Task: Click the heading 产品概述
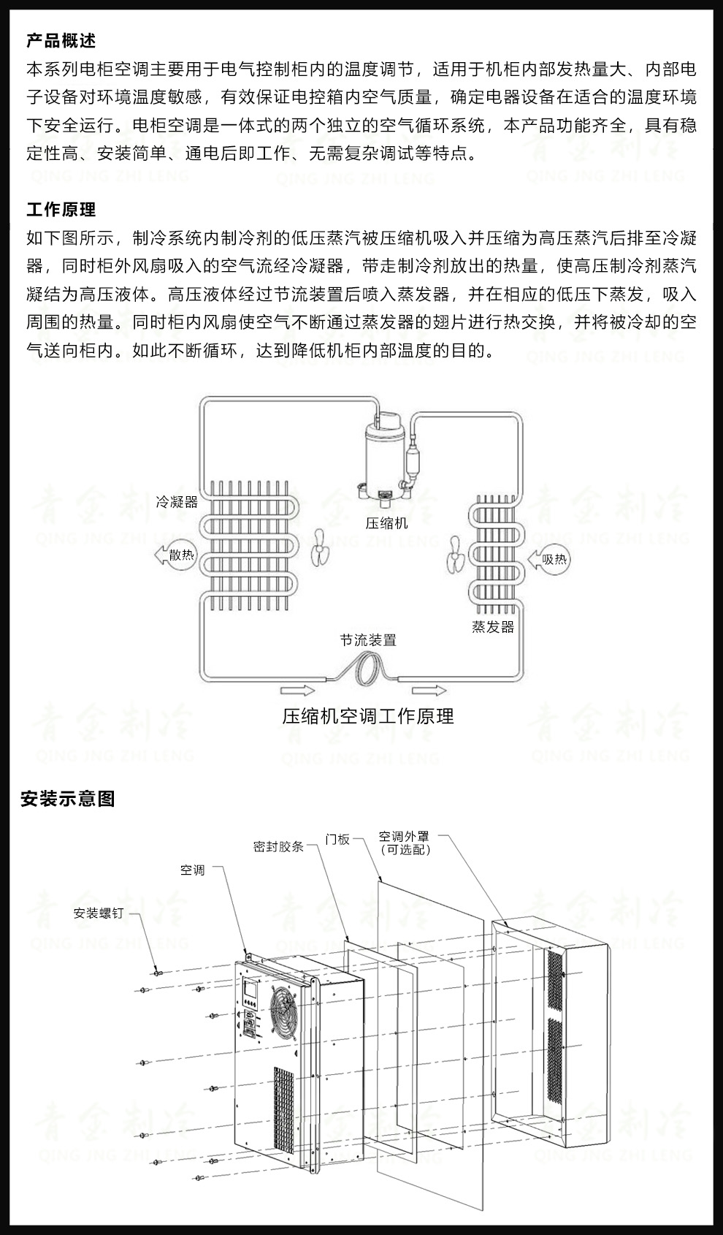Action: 61,41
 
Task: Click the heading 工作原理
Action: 61,210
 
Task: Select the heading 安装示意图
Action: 68,799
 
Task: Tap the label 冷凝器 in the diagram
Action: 177,502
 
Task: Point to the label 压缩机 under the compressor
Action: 386,523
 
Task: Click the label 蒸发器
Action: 493,627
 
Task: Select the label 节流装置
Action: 368,640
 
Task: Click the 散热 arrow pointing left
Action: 175,555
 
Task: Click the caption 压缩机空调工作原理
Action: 368,716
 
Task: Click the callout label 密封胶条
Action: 278,846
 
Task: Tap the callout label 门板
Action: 338,840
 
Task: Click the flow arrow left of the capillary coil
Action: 297,691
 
